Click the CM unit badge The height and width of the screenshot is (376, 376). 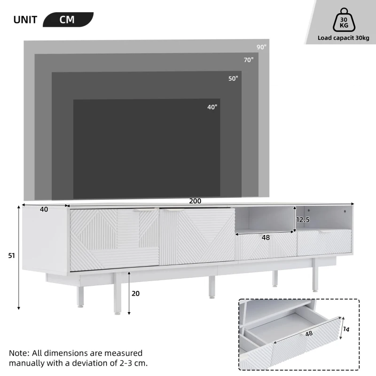(x=68, y=20)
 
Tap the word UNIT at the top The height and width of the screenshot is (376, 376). (x=26, y=20)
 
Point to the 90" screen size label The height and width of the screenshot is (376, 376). (x=261, y=47)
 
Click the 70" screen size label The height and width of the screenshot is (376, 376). (x=248, y=60)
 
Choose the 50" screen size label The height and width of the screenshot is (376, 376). (x=233, y=78)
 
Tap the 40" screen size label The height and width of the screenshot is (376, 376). (x=212, y=107)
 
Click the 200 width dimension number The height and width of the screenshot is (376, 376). (x=195, y=201)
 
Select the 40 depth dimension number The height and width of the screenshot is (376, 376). (x=44, y=210)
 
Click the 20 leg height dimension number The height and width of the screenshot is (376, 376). (x=136, y=293)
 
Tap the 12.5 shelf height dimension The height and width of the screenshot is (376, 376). (x=303, y=219)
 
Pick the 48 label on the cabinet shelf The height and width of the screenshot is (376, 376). (x=266, y=238)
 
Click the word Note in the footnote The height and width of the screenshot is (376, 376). (x=18, y=353)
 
